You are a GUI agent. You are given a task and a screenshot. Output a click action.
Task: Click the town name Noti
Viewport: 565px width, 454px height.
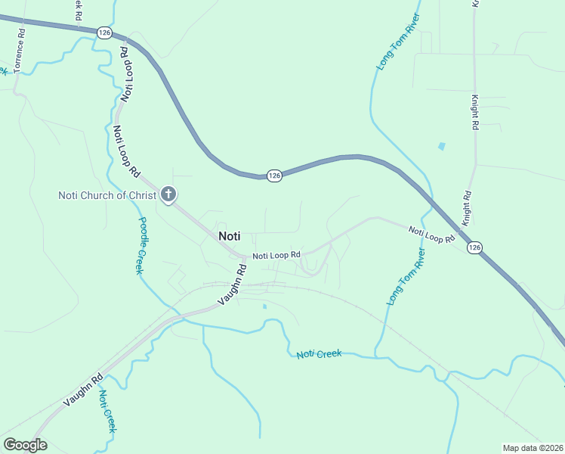[x=229, y=235]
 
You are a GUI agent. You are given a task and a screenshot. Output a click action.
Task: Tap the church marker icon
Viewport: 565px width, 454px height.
[x=168, y=196]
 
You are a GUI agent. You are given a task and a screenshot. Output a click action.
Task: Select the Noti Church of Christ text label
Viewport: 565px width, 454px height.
[x=107, y=196]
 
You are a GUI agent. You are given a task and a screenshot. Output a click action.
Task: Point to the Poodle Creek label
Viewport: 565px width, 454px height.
[x=141, y=246]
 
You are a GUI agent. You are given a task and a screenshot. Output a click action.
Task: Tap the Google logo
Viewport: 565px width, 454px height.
[x=25, y=445]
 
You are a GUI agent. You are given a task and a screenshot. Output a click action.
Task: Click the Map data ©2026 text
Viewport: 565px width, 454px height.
[x=533, y=448]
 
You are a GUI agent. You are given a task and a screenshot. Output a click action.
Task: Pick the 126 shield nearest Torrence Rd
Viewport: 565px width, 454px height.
[x=104, y=32]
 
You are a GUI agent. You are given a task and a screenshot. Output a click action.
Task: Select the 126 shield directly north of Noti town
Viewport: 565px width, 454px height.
[x=274, y=175]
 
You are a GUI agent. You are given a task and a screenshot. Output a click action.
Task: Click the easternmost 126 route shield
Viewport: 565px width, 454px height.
[x=474, y=247]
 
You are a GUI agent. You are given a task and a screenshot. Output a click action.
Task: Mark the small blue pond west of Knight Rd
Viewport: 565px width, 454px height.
[x=441, y=146]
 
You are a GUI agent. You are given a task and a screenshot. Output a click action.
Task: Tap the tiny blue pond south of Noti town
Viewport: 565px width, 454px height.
[x=264, y=306]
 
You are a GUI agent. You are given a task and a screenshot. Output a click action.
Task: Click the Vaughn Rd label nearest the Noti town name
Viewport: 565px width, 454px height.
[x=233, y=285]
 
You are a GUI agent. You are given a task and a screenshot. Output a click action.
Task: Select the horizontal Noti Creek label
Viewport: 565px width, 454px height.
[x=319, y=354]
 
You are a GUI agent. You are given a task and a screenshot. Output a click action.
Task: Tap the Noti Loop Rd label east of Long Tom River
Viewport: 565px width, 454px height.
[x=431, y=235]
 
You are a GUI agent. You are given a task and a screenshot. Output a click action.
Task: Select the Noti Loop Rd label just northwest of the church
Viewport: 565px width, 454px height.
[x=126, y=151]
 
